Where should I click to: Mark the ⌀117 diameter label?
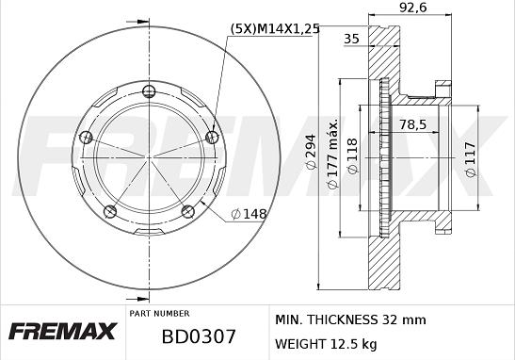[470, 156]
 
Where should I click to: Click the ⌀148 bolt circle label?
[250, 214]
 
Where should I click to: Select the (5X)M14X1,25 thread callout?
[274, 29]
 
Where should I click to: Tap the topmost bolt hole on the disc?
[148, 91]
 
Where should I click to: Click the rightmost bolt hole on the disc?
[211, 138]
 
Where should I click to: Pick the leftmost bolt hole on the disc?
[86, 138]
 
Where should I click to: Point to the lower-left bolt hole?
[109, 209]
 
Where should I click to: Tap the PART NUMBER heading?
[158, 313]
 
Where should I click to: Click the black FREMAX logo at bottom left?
[62, 332]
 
